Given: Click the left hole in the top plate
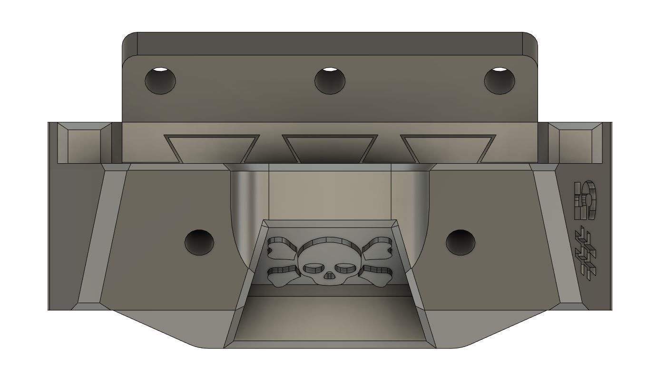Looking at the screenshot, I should tap(160, 80).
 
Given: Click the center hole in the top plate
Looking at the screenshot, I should tap(330, 80).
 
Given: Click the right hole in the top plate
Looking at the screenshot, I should tap(499, 80).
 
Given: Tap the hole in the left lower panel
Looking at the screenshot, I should tap(199, 242).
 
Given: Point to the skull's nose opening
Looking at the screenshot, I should tap(329, 276).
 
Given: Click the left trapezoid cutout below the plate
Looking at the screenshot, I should tap(212, 148).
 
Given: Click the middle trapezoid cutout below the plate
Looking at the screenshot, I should tap(330, 148).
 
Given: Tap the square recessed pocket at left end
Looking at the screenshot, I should tap(84, 144).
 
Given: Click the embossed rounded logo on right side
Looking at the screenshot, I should tap(585, 199).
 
